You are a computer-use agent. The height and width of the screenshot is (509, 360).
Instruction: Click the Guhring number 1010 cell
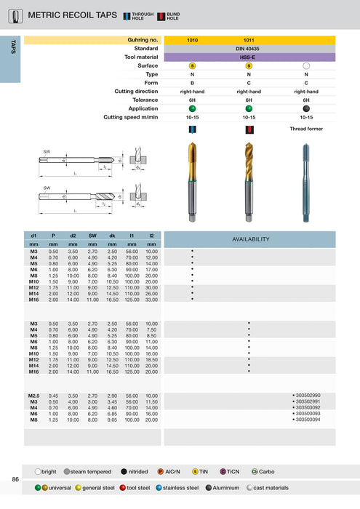click(x=192, y=40)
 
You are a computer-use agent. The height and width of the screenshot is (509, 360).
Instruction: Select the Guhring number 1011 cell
click(x=249, y=40)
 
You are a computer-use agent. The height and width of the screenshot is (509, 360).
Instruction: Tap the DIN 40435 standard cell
click(x=249, y=48)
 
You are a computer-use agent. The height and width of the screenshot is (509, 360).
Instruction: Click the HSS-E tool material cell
click(x=249, y=57)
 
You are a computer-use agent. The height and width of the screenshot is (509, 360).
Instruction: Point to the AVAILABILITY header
click(x=249, y=239)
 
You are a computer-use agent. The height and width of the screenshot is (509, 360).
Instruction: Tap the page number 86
click(x=15, y=479)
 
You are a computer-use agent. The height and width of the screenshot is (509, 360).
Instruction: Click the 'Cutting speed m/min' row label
click(x=131, y=117)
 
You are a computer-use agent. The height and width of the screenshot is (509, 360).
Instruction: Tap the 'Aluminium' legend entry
click(x=226, y=488)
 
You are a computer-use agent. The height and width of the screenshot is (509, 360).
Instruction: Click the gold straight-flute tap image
click(x=192, y=177)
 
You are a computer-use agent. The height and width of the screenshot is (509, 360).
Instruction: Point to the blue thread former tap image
click(x=305, y=177)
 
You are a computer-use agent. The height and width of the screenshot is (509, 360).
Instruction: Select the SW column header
click(x=92, y=236)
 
